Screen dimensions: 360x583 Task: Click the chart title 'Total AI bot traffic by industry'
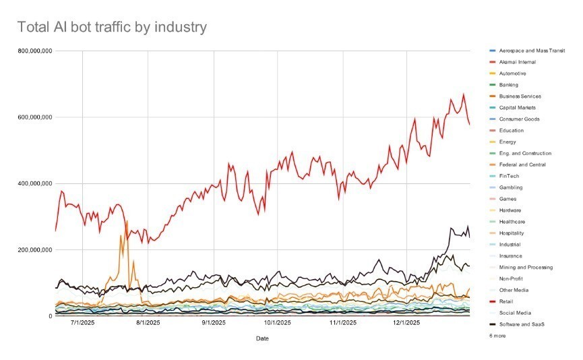click(111, 27)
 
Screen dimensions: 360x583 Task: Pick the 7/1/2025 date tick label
click(82, 324)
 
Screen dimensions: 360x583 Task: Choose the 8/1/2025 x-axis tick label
click(148, 324)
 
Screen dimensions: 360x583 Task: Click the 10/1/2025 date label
click(278, 324)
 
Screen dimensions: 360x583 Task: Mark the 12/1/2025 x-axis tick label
click(408, 324)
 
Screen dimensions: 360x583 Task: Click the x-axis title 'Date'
click(264, 338)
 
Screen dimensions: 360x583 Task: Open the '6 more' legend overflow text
click(497, 336)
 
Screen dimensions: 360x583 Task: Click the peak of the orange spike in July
click(127, 220)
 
